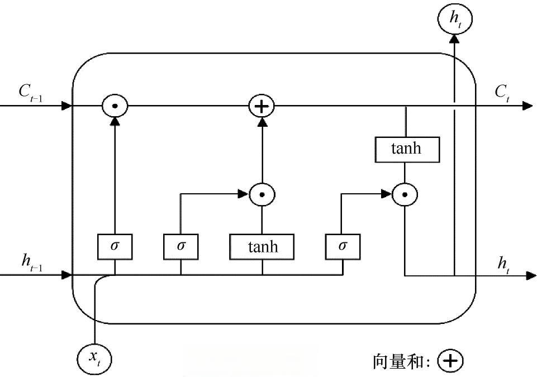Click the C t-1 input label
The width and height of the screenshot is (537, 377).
[x=31, y=93]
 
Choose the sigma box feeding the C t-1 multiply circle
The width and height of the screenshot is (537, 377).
[x=115, y=246]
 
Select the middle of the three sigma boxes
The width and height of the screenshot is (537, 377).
[x=180, y=246]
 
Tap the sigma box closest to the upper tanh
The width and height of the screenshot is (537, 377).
[x=343, y=246]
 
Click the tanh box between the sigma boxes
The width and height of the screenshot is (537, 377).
[x=263, y=246]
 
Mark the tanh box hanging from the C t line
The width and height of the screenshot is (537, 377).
[x=406, y=149]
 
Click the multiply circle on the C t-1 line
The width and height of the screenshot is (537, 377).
[x=115, y=106]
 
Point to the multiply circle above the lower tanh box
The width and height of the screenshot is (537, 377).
[x=262, y=194]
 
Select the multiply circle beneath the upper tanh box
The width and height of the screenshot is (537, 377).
[x=406, y=194]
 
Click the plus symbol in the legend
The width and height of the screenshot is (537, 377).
[x=450, y=361]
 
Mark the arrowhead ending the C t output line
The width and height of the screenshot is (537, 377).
[x=527, y=106]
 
